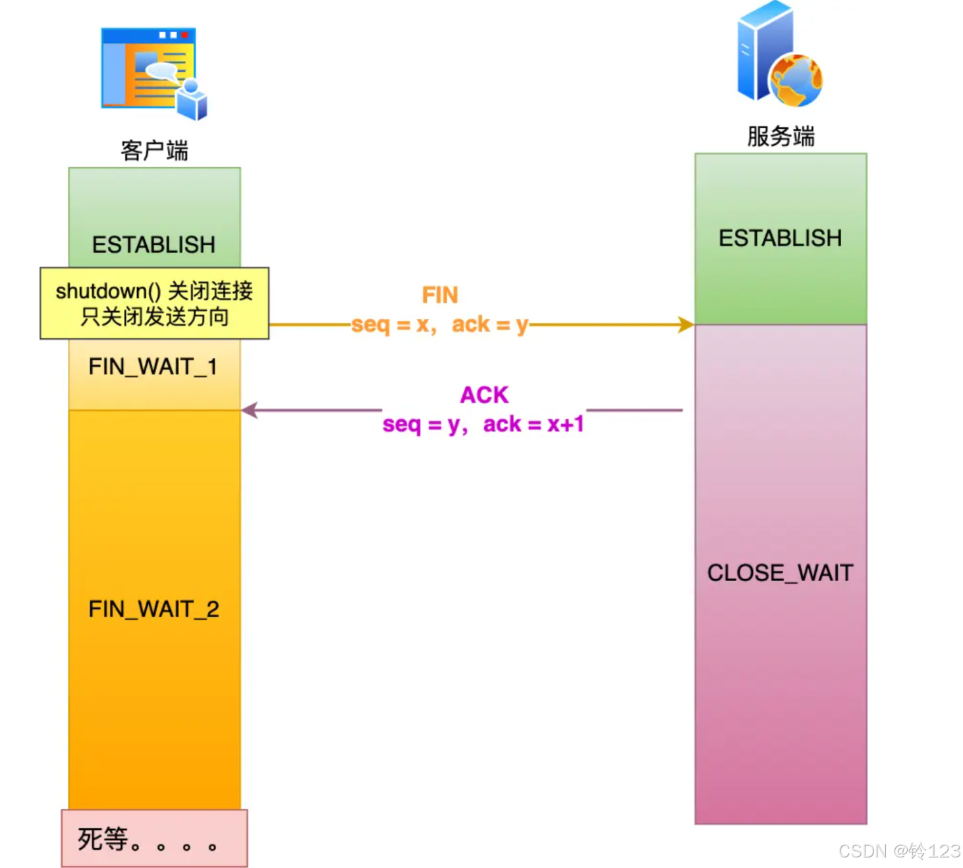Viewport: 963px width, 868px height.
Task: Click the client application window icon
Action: click(x=153, y=72)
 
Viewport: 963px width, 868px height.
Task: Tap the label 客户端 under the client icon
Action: click(x=154, y=151)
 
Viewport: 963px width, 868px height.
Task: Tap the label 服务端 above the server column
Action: click(x=781, y=136)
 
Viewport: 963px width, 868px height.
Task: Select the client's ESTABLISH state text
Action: click(x=153, y=245)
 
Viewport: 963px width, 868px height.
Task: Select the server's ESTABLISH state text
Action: click(x=780, y=238)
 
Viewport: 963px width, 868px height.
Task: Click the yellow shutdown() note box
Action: click(x=154, y=303)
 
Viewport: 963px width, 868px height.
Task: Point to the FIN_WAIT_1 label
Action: click(x=153, y=367)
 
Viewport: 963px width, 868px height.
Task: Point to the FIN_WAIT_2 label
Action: click(x=153, y=609)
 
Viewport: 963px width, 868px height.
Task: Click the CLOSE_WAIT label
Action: click(x=780, y=573)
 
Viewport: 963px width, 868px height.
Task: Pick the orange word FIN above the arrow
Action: click(x=439, y=295)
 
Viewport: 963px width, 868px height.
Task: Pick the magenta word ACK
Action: click(x=484, y=395)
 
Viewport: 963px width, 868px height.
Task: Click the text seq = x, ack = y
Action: click(x=439, y=324)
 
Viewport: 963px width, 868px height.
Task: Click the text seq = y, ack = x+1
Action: click(x=483, y=424)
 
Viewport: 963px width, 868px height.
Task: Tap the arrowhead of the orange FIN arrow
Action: click(x=686, y=324)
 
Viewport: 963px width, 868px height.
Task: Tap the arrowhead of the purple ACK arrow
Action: click(x=249, y=410)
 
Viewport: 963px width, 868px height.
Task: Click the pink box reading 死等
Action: click(x=154, y=838)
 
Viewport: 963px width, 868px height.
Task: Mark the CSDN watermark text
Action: click(x=899, y=851)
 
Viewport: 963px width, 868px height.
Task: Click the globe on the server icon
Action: click(x=796, y=80)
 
